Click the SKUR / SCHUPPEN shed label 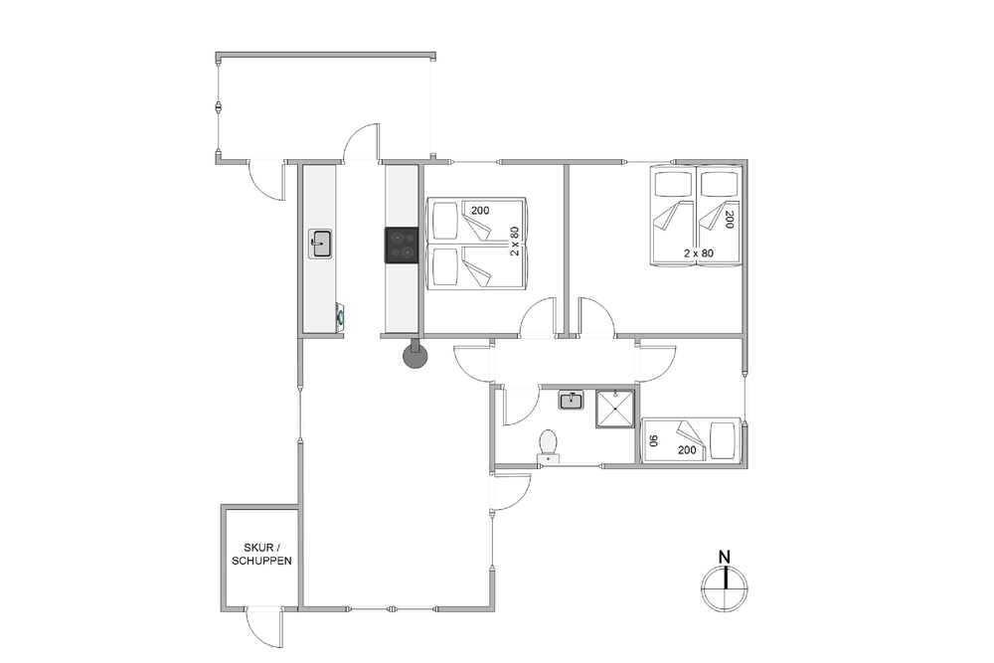(261, 554)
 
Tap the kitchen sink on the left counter (321, 245)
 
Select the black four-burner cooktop (402, 246)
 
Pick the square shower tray (615, 409)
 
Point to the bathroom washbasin (572, 401)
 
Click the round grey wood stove (415, 357)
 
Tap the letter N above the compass (725, 558)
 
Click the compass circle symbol (725, 588)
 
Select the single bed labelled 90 (691, 440)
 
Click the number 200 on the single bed (687, 450)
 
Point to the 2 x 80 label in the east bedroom (699, 252)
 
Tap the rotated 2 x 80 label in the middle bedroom (515, 241)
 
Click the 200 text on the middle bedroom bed (480, 211)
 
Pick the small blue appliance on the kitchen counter (340, 315)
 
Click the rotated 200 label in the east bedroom (729, 220)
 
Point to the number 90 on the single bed (654, 440)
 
